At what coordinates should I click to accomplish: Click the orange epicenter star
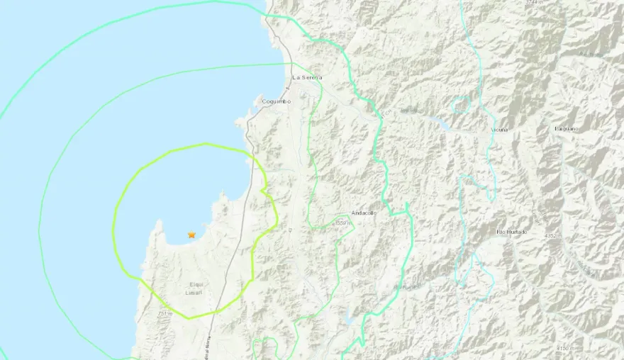[191, 235]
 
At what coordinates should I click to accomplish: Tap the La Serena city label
[307, 77]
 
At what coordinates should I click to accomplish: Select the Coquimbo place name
[276, 101]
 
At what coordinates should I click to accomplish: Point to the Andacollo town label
[363, 213]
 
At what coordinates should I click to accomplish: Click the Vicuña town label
[499, 130]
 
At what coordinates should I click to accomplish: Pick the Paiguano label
[569, 128]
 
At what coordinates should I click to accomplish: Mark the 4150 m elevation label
[566, 348]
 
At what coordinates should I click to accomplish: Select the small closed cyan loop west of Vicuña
[462, 104]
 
